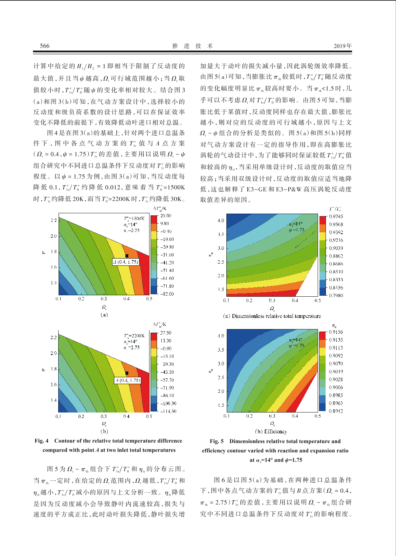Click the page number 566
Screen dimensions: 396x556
point(45,46)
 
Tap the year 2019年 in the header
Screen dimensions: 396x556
point(342,46)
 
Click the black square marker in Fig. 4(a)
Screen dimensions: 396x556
point(127,256)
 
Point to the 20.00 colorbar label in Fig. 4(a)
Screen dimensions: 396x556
point(166,216)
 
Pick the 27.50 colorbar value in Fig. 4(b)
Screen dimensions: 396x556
point(165,333)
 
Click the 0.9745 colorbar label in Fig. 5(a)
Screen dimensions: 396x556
point(336,217)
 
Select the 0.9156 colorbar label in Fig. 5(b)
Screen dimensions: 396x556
point(336,332)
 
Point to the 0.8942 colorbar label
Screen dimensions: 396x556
point(336,411)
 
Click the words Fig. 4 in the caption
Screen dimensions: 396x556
point(41,441)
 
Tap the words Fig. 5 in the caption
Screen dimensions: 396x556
point(216,441)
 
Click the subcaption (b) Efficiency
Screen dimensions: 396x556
point(271,432)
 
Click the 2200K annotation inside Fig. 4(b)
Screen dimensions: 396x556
point(137,336)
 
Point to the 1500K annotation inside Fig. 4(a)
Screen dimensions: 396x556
point(137,219)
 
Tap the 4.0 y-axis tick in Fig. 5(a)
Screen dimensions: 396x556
point(221,220)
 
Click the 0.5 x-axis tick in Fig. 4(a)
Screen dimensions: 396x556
point(149,298)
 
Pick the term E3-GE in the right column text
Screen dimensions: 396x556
point(254,190)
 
